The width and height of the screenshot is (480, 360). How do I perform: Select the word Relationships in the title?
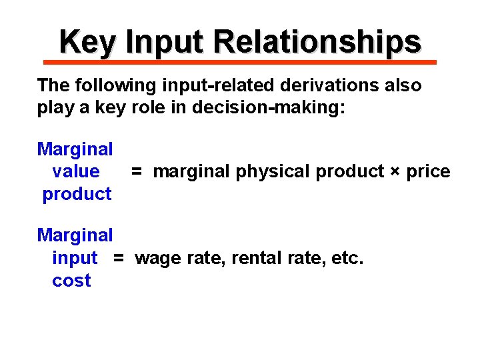[x=317, y=42]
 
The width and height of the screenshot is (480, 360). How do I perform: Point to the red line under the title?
[x=240, y=62]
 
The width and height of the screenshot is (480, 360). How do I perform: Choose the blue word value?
[x=75, y=171]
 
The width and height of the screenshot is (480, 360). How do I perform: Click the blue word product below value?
[x=77, y=194]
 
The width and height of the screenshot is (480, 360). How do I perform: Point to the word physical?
[x=274, y=172]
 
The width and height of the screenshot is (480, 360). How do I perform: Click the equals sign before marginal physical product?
[x=136, y=172]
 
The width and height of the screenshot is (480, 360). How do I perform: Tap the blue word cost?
[x=71, y=281]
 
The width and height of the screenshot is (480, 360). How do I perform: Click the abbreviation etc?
[x=347, y=258]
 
